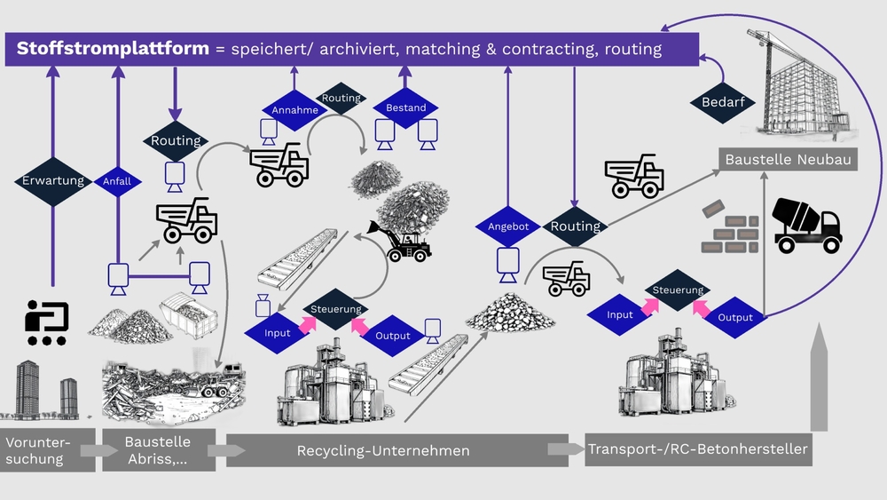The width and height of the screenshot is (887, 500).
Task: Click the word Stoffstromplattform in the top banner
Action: (113, 48)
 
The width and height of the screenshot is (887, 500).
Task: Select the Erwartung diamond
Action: (53, 181)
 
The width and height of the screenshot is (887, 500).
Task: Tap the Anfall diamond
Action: (117, 181)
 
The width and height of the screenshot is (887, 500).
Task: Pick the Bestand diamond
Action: (405, 107)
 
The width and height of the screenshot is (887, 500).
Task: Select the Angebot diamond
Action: (508, 226)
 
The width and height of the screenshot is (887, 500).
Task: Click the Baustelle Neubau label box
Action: (788, 160)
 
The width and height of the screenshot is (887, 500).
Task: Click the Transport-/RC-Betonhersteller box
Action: (698, 449)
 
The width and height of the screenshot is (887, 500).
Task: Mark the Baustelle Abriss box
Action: (158, 450)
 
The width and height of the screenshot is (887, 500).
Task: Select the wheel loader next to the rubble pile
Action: (404, 242)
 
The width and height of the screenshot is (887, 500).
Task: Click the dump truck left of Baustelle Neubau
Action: (633, 176)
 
